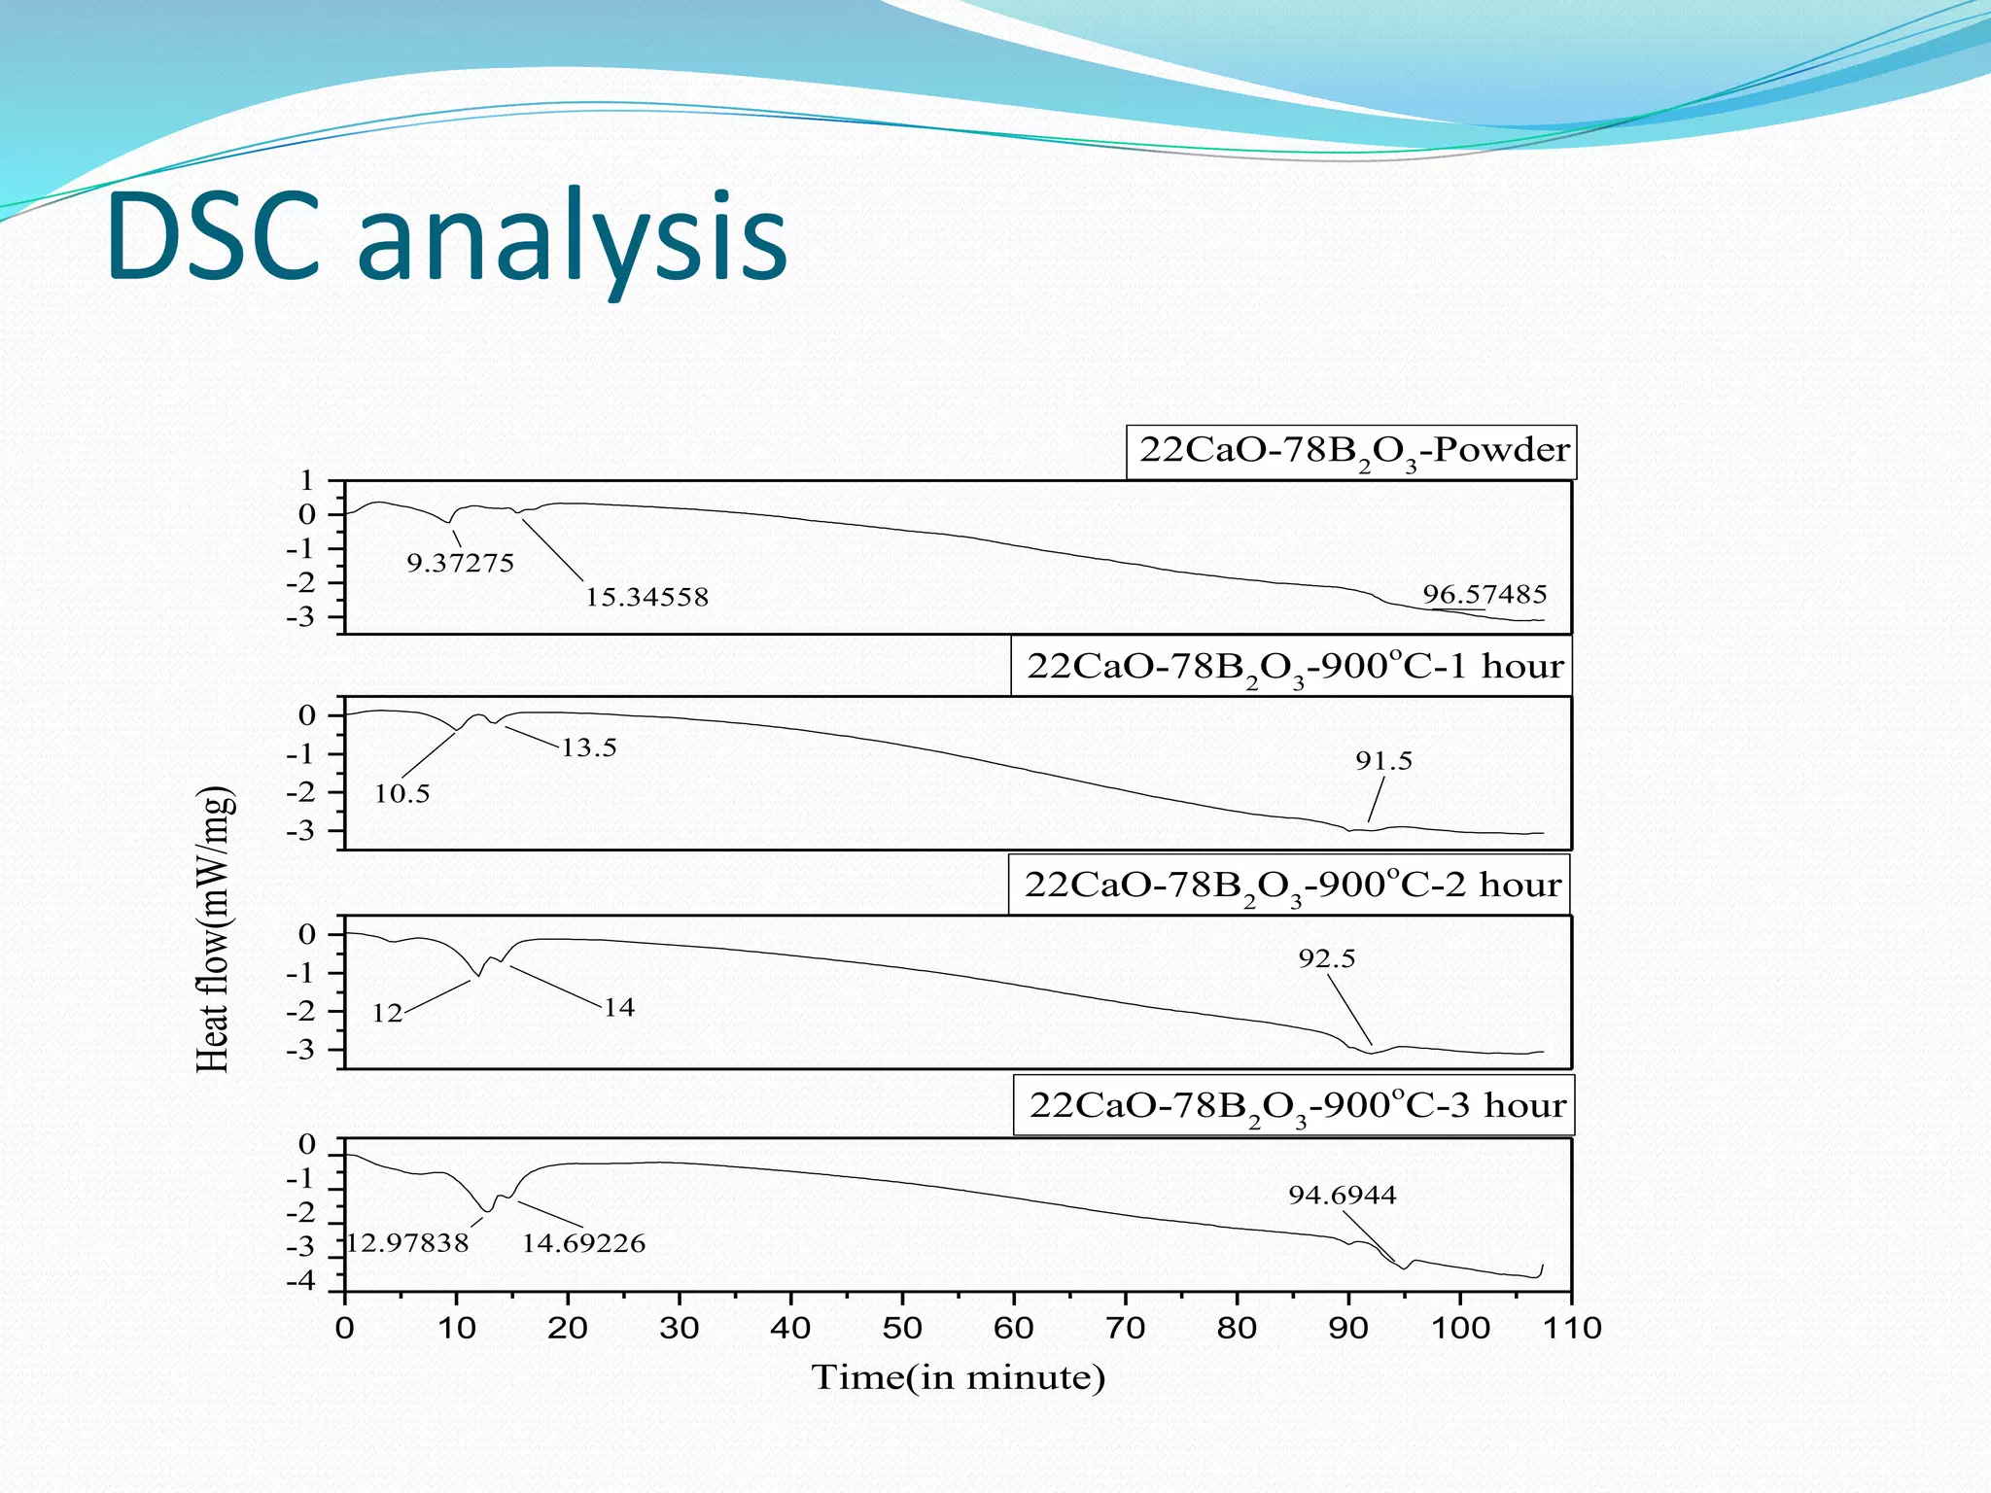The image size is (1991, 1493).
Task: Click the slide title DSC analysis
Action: pyautogui.click(x=447, y=238)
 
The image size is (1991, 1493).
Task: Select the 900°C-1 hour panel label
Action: pyautogui.click(x=1294, y=667)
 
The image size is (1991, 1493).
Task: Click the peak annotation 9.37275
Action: pyautogui.click(x=460, y=564)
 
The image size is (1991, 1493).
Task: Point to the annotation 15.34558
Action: pyautogui.click(x=646, y=597)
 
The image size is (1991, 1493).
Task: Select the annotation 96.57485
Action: pyautogui.click(x=1485, y=594)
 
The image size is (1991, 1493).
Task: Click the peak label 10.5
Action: pyautogui.click(x=402, y=794)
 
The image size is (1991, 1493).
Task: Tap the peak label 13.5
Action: pyautogui.click(x=589, y=747)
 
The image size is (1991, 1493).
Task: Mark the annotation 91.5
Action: pyautogui.click(x=1383, y=761)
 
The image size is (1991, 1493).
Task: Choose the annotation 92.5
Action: pyautogui.click(x=1327, y=959)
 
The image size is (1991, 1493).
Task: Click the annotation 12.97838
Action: pyautogui.click(x=408, y=1243)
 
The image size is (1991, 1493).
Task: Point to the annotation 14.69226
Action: pyautogui.click(x=583, y=1243)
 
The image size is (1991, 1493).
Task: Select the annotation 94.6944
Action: pyautogui.click(x=1343, y=1196)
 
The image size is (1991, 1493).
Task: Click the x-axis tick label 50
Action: pyautogui.click(x=902, y=1328)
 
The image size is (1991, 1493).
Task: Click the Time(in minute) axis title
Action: pyautogui.click(x=959, y=1378)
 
